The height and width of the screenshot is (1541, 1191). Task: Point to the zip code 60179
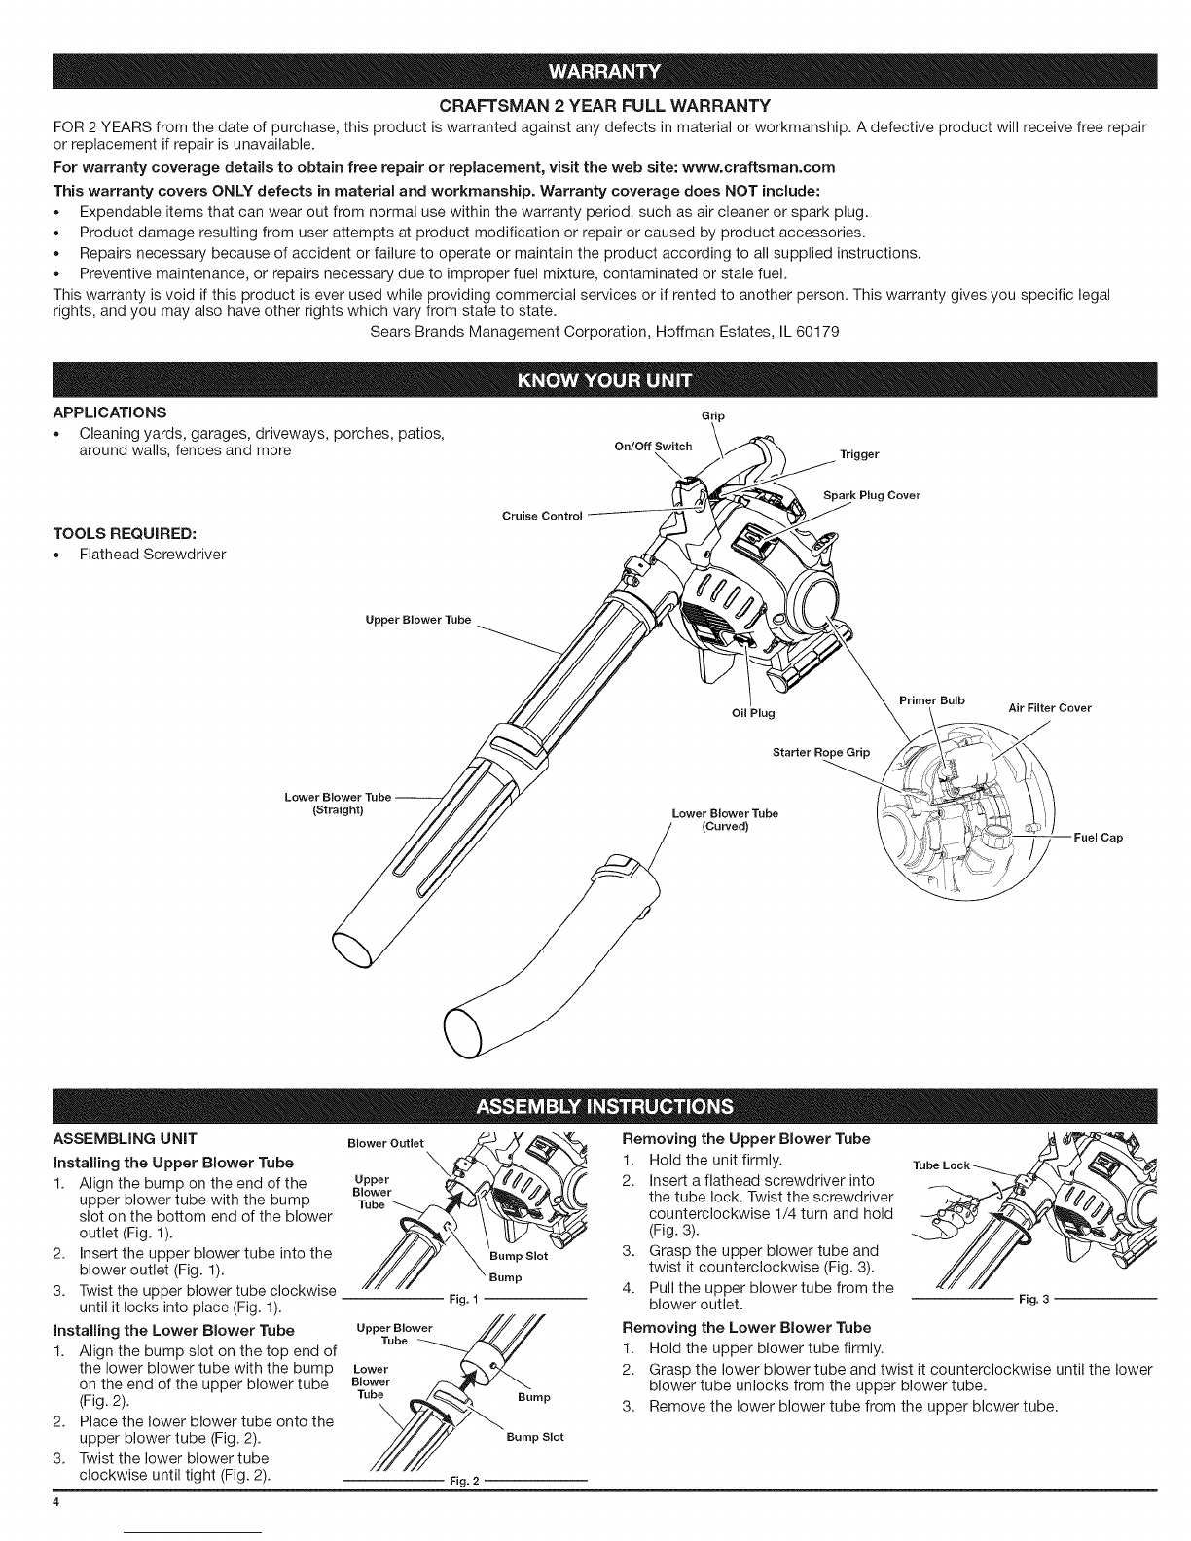(x=817, y=331)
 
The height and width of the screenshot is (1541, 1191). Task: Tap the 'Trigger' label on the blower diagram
(x=859, y=454)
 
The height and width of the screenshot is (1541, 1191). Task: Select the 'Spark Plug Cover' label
(x=872, y=495)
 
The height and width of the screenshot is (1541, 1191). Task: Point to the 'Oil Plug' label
(x=753, y=713)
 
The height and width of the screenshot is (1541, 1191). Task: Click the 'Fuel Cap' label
(x=1098, y=837)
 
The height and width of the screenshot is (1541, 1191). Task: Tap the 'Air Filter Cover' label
(x=1049, y=708)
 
